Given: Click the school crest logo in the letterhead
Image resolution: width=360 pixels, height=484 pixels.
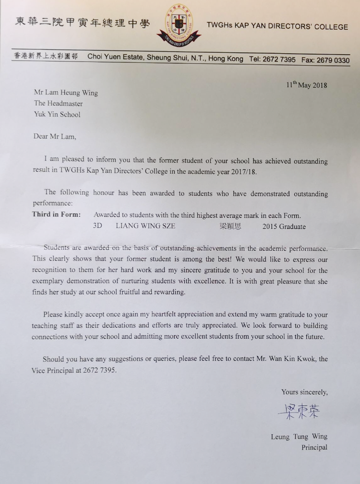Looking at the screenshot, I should tap(179, 24).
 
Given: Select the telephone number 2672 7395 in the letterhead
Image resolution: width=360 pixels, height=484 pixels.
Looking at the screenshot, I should tap(279, 59).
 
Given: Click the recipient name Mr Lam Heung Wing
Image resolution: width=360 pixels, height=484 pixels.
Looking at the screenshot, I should tap(66, 93).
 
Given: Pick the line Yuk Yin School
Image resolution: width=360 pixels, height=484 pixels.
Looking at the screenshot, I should tap(57, 114).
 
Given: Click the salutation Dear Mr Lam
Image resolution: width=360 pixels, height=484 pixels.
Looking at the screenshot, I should tap(55, 136).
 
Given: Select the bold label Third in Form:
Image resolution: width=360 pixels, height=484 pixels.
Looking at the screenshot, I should tap(56, 214).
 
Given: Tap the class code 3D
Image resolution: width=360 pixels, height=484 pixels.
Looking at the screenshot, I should tap(98, 226).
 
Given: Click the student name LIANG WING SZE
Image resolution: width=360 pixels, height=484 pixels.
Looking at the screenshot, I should tap(145, 226).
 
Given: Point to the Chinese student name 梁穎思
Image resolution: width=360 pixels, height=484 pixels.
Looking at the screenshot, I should tap(230, 226).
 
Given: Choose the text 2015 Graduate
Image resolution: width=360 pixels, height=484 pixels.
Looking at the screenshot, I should tap(284, 226).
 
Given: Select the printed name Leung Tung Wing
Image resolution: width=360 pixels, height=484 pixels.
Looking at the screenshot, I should tap(299, 437).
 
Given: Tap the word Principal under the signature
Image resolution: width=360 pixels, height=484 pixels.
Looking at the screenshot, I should tap(314, 447).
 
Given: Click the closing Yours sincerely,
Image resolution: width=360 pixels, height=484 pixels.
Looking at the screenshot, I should tap(304, 392).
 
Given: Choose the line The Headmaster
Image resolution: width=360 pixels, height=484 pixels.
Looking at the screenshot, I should tap(58, 103).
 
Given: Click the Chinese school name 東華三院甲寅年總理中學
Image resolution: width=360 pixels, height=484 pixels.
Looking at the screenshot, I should tap(82, 23).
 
